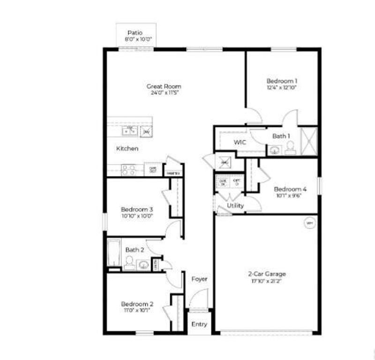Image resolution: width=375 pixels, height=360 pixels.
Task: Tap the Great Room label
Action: coord(164,86)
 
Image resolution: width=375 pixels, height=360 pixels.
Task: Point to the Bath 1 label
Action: coord(282,136)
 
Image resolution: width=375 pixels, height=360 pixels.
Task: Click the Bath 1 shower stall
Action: coord(308,142)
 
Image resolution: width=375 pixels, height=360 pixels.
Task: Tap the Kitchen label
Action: coord(127,149)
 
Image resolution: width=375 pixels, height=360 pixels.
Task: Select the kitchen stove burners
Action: coord(129,170)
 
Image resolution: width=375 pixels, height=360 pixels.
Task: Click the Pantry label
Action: coord(172,173)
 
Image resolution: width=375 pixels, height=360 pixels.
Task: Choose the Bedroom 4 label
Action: coord(290,189)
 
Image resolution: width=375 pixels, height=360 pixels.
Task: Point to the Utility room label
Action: coord(235,206)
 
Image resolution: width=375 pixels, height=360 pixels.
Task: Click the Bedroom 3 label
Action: coord(137,209)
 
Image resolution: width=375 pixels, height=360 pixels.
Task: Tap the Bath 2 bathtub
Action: coord(114,254)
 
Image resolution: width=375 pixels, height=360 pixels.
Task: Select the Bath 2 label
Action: coord(135,250)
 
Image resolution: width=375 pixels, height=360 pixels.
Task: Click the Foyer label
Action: coord(200,279)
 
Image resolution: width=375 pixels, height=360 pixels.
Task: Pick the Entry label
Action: coord(199,324)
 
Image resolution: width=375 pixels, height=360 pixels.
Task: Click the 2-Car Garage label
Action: coord(267,274)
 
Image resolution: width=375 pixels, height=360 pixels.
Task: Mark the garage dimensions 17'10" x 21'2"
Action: coord(267,281)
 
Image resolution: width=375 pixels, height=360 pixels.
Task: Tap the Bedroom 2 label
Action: coord(137,303)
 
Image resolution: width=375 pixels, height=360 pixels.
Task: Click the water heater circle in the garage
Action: coord(309,223)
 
